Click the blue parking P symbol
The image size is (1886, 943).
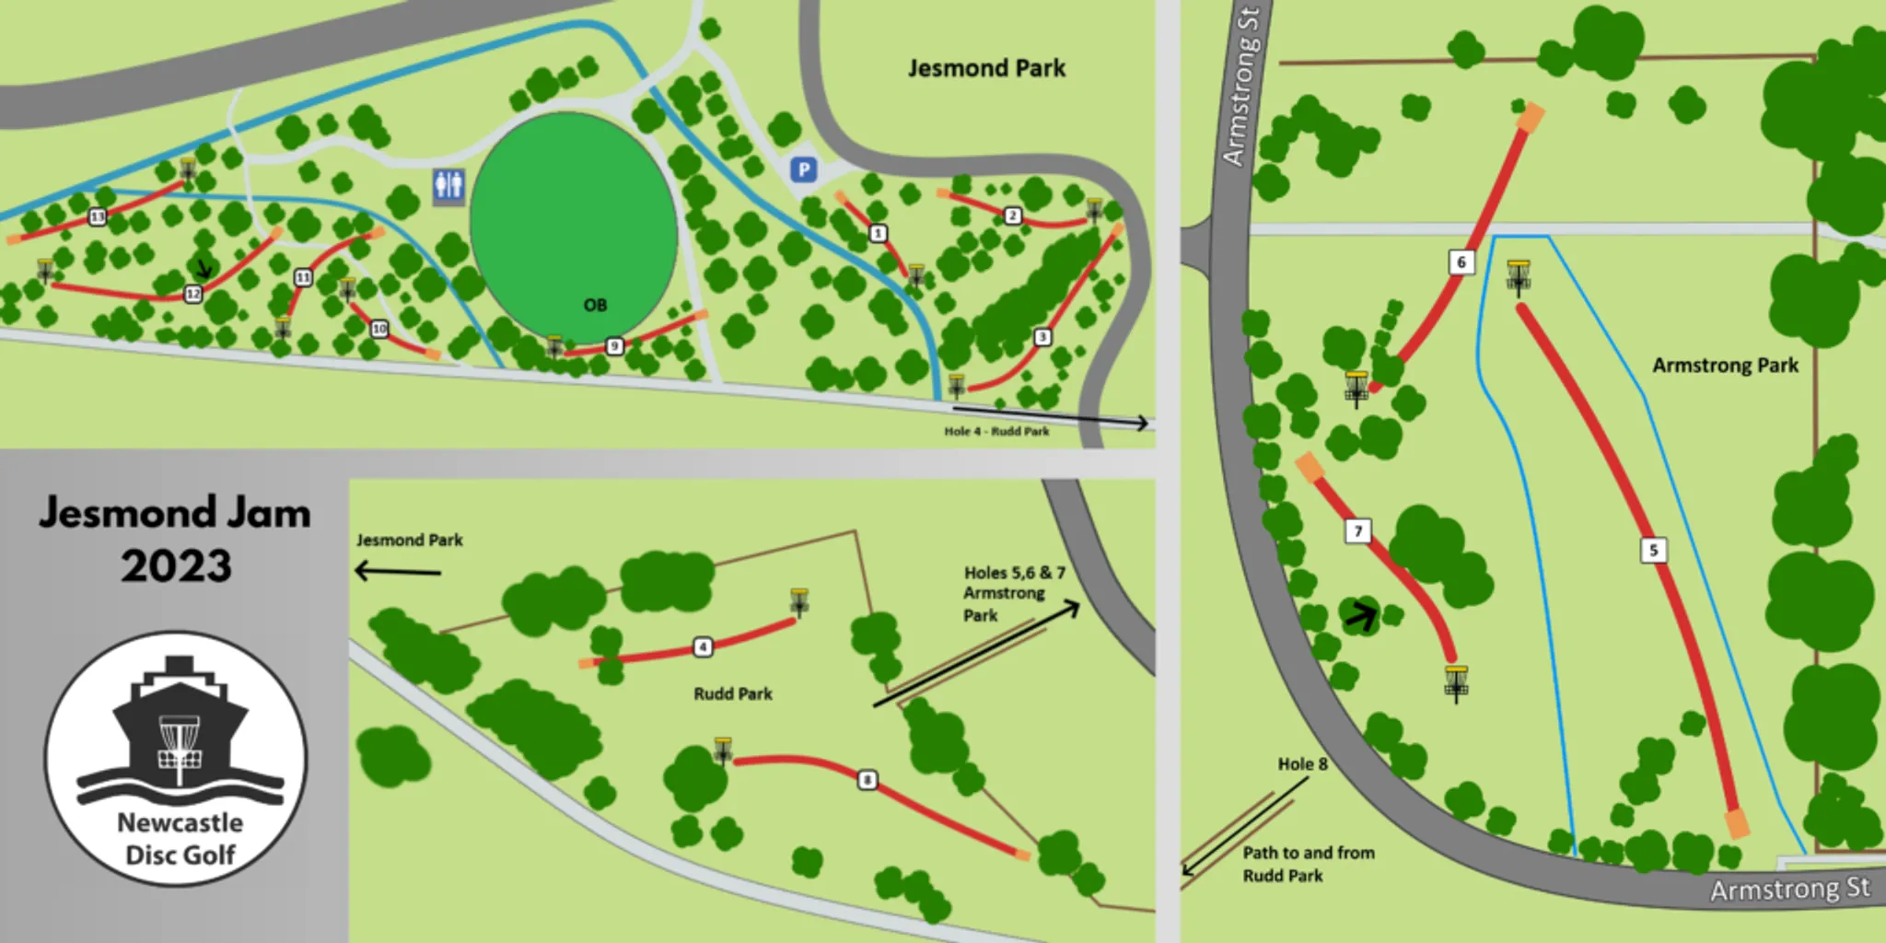pos(804,169)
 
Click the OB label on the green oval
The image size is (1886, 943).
pos(595,305)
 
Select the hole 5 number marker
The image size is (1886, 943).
pos(1653,551)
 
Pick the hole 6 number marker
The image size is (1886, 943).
pos(1461,262)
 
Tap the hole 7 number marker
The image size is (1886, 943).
pos(1357,531)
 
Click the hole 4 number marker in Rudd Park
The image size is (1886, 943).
pos(703,647)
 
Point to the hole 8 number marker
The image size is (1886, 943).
pos(867,780)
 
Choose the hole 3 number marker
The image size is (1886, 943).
pos(1042,337)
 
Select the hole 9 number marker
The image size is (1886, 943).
pos(614,346)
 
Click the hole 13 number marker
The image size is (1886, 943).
pos(97,216)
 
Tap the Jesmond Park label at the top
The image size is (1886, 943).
pos(986,68)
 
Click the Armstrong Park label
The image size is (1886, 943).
pos(1725,366)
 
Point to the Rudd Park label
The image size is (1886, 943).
pos(733,693)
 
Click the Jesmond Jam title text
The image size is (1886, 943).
pos(175,538)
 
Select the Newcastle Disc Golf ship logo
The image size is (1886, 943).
pos(178,757)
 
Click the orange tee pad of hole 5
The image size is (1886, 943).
pos(1737,823)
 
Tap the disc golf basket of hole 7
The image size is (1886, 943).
pos(1455,681)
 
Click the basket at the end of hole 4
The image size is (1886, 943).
pos(798,601)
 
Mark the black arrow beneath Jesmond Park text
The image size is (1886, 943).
pos(399,572)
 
